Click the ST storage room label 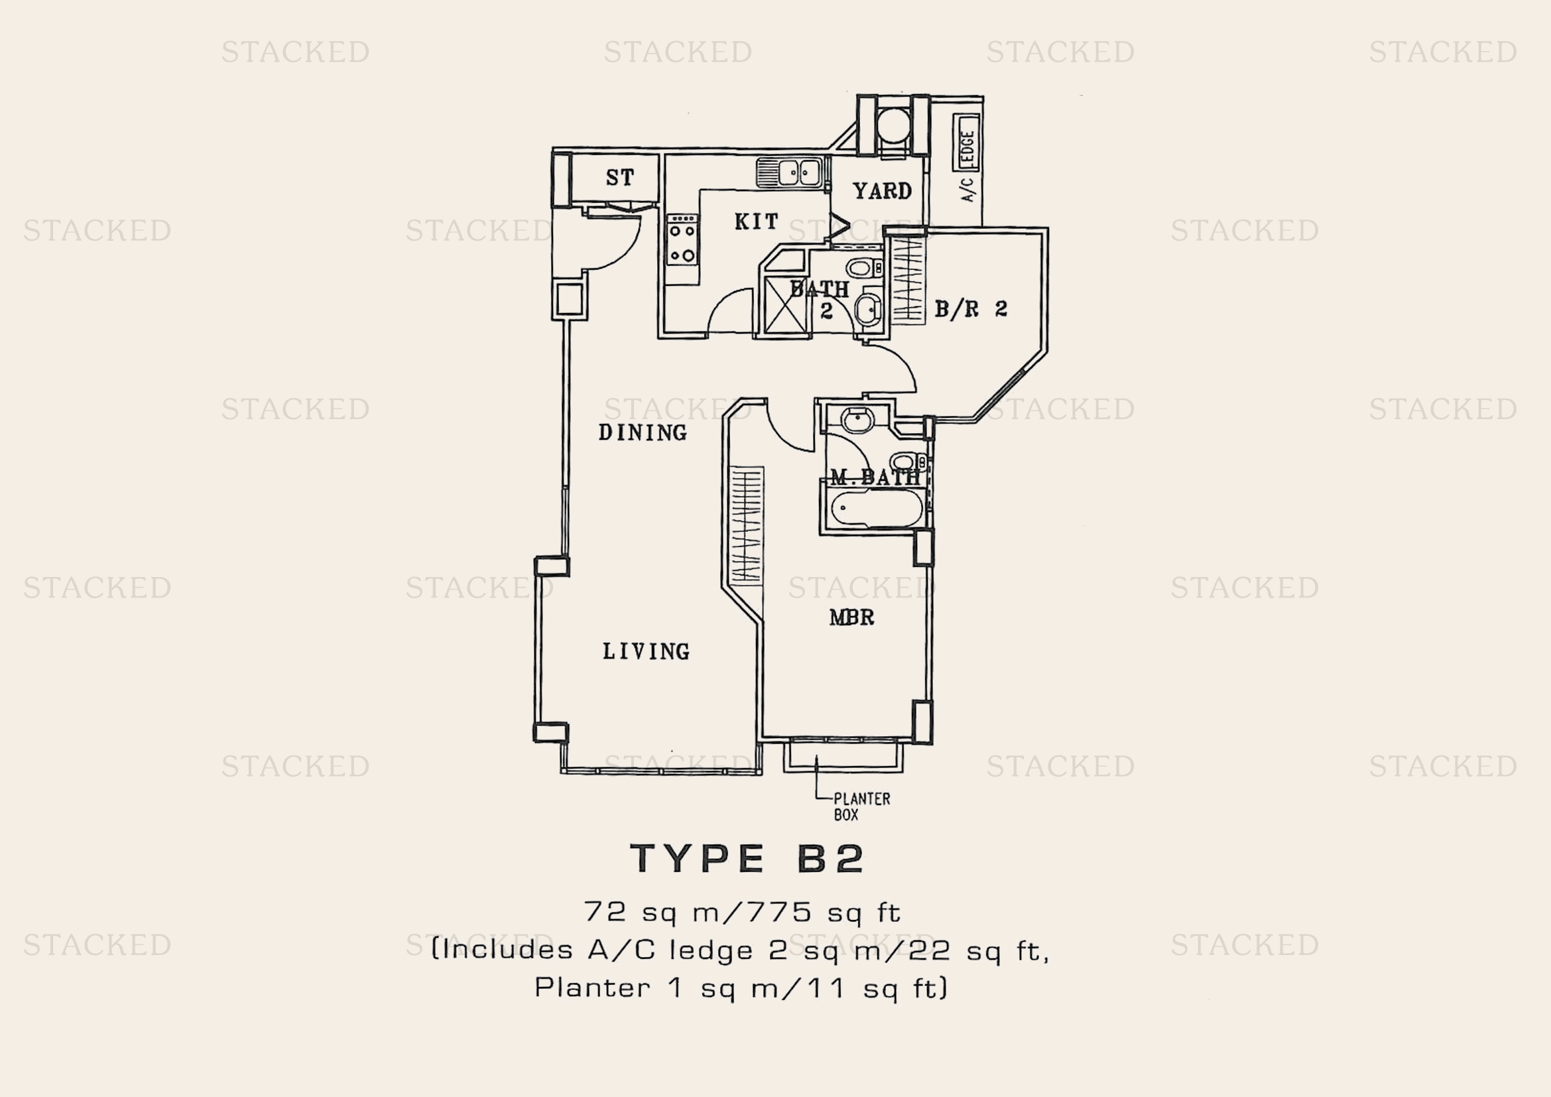coord(619,178)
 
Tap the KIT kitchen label coord(756,221)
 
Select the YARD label coord(882,191)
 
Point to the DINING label coord(643,432)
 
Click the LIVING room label coord(646,651)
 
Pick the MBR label coord(852,617)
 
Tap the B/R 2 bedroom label coord(971,309)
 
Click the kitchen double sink coord(789,172)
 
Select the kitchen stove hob coord(682,240)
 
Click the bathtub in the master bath coord(876,509)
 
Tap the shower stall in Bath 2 coord(785,305)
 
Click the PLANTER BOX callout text coord(861,807)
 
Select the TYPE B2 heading coord(747,858)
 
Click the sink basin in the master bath coord(857,419)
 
